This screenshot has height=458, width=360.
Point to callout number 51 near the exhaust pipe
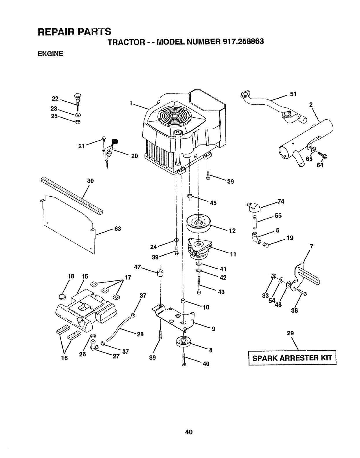(x=293, y=94)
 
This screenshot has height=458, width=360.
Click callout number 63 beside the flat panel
(x=117, y=229)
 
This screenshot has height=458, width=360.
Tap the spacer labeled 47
(x=160, y=273)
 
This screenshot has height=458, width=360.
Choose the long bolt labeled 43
(x=199, y=285)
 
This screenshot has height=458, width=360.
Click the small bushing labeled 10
(x=183, y=301)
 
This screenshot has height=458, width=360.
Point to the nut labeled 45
(x=190, y=197)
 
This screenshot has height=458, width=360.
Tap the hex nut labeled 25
(x=78, y=121)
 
